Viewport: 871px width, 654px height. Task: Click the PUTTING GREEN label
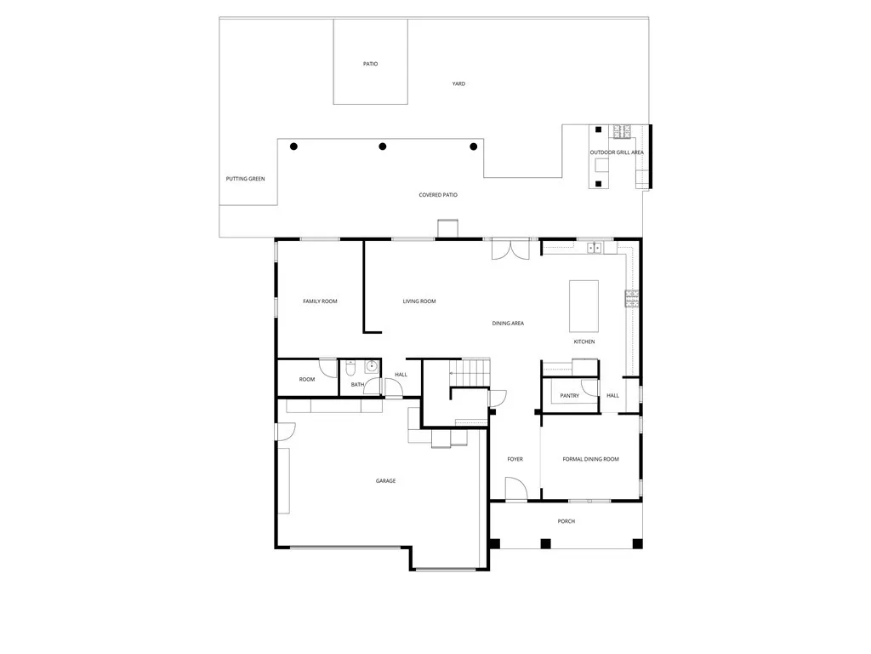tap(245, 179)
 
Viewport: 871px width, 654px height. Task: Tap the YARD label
tap(458, 83)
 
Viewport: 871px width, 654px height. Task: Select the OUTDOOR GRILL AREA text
tap(617, 152)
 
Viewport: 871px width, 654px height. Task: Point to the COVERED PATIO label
tap(438, 195)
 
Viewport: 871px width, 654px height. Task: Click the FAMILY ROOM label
tap(320, 301)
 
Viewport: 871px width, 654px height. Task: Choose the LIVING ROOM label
tap(419, 301)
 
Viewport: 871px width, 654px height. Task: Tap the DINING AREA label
tap(508, 324)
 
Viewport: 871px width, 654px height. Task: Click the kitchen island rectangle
tap(584, 306)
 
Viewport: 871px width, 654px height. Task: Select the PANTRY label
tap(570, 395)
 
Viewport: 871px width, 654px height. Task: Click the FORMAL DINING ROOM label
tap(590, 459)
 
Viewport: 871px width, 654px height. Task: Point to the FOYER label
tap(515, 459)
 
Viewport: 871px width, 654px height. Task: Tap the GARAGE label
tap(385, 481)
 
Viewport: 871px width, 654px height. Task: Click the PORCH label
tap(566, 521)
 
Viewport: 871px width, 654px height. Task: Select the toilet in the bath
tap(351, 370)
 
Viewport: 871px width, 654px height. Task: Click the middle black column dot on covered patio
tap(383, 146)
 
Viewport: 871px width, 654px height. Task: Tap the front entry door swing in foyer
tap(515, 489)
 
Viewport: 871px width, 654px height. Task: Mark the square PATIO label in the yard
tap(370, 64)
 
